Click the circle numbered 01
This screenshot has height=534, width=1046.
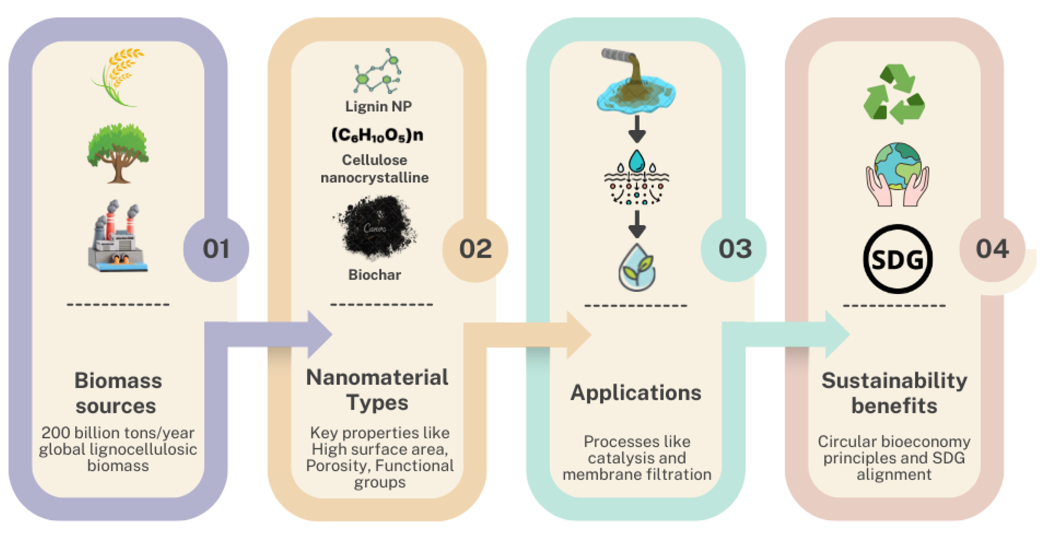pos(216,249)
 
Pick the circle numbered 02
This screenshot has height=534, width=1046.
pos(475,249)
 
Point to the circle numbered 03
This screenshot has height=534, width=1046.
pos(734,249)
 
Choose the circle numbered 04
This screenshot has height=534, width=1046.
pos(992,249)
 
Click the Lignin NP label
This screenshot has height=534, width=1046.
pos(378,106)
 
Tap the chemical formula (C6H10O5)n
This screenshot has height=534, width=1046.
pos(377,135)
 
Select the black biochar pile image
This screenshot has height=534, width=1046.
pos(375,228)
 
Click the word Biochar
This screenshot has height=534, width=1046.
pos(374,275)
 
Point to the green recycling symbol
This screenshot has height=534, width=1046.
pos(894,94)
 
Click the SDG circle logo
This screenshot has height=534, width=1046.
pos(897,259)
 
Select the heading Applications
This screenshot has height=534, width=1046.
pos(636,393)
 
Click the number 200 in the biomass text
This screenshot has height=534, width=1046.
pos(56,433)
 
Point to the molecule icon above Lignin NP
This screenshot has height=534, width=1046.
pos(378,71)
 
